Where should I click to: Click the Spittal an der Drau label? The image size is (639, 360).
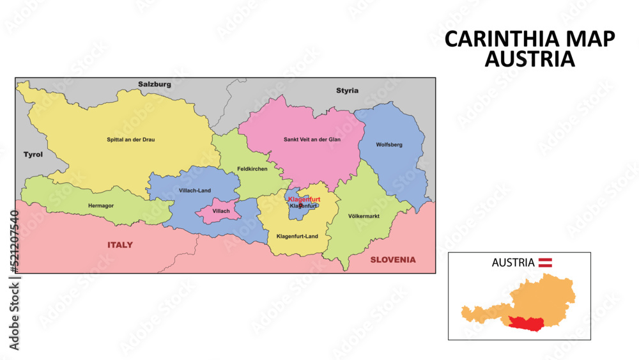tap(130, 139)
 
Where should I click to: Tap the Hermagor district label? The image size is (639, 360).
tap(101, 206)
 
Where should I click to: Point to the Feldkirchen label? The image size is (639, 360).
tap(252, 169)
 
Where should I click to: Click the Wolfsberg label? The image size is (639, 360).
tap(389, 145)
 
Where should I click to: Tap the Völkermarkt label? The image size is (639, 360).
tap(364, 216)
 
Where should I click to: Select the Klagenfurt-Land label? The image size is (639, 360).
tap(297, 237)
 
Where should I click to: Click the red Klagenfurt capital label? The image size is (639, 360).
tap(304, 200)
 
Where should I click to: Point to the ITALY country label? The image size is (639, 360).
tap(120, 245)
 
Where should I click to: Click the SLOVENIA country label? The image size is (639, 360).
tap(393, 260)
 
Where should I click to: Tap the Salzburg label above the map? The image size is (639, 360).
tap(155, 84)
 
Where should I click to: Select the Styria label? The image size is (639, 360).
tap(347, 91)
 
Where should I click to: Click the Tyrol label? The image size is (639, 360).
tap(33, 155)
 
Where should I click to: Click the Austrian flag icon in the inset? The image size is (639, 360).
tap(545, 262)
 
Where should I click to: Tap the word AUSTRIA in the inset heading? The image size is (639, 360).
tap(513, 262)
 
